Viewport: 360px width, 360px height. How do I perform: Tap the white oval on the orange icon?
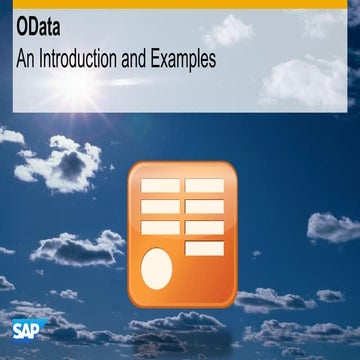(158, 269)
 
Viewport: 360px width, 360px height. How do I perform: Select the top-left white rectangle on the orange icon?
(160, 187)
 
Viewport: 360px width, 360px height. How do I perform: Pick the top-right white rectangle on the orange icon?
(204, 186)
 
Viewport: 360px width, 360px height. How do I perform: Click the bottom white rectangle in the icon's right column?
(204, 248)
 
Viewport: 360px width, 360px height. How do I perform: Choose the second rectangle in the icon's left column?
(160, 207)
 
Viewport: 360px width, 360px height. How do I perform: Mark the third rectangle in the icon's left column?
(160, 227)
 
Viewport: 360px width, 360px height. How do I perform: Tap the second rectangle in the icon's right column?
(204, 207)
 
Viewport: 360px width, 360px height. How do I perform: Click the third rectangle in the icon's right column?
(204, 227)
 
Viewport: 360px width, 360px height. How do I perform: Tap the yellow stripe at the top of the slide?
(180, 4)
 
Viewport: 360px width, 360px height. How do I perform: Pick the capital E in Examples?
(160, 59)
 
